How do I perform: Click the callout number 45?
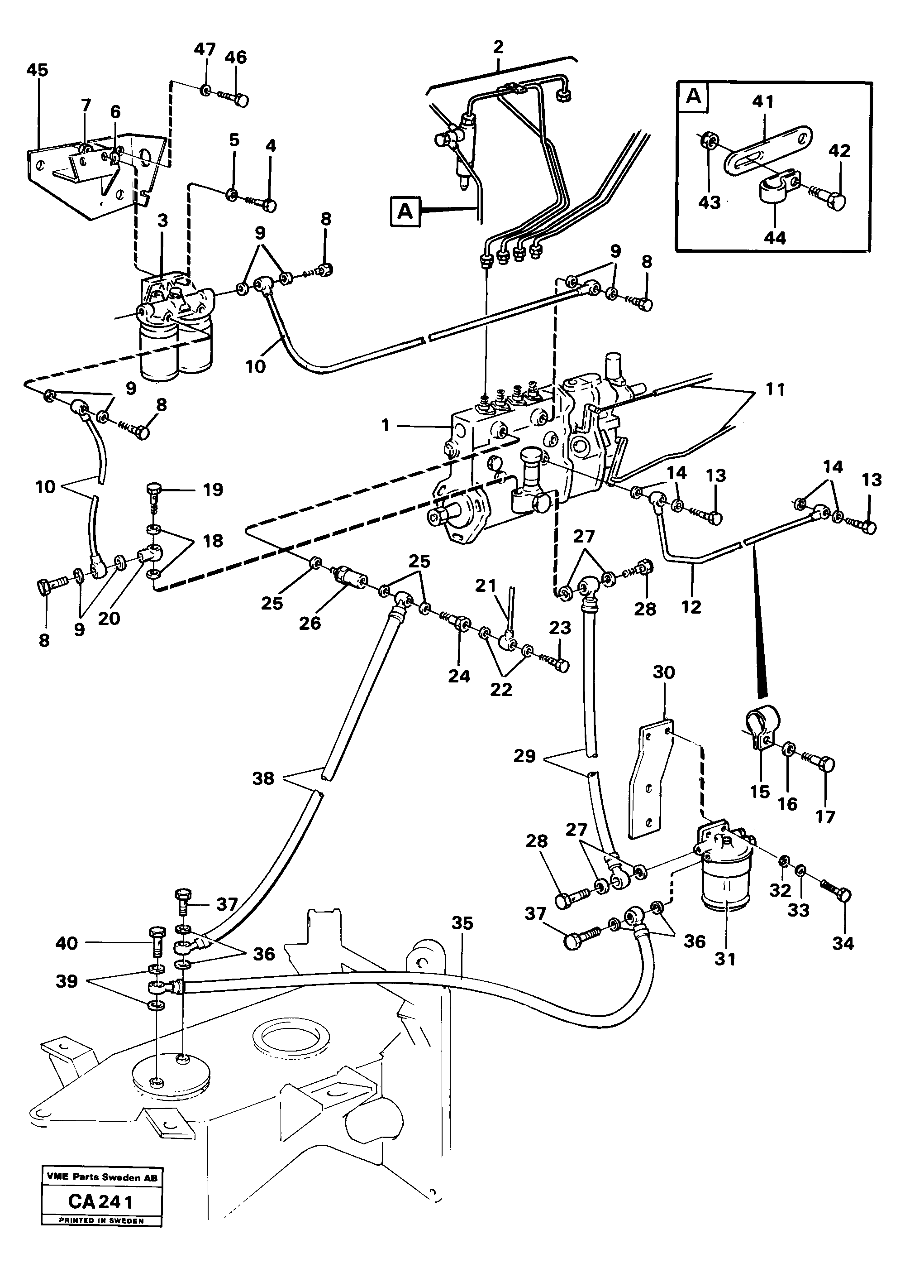coord(37,70)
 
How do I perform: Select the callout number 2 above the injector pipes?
coord(498,47)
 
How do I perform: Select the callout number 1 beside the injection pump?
coord(385,426)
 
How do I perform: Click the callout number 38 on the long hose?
coord(263,778)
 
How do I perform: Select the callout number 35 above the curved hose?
coord(462,923)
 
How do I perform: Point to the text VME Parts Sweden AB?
coord(102,1177)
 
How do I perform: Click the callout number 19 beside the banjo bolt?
coord(213,490)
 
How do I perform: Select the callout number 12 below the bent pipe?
coord(691,606)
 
